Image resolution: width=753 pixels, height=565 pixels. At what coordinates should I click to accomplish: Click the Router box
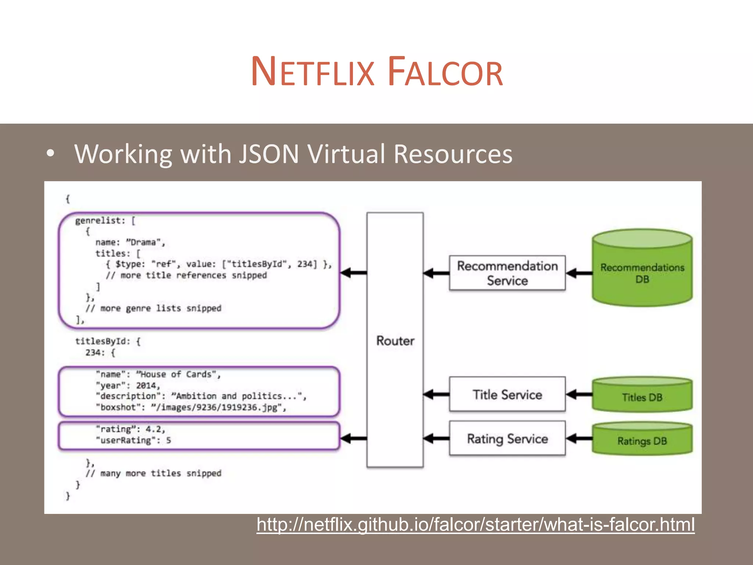point(395,340)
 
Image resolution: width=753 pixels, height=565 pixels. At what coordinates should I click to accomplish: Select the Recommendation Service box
point(507,273)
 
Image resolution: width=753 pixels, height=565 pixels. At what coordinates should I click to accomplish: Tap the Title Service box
point(507,394)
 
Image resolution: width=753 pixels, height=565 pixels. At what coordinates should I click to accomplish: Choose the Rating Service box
point(507,438)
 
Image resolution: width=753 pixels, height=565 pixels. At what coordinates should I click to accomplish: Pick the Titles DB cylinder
point(642,396)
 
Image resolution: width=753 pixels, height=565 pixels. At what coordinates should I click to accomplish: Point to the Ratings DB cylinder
point(642,440)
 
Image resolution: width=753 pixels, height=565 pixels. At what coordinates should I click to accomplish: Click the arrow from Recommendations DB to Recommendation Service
point(579,273)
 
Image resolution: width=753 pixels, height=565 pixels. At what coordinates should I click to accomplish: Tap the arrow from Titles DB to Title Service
point(579,395)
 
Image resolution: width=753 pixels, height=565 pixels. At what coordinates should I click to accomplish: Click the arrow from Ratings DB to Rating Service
point(579,438)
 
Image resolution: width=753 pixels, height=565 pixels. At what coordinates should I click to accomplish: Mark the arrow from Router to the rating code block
point(353,438)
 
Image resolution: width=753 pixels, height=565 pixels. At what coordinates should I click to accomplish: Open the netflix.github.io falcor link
point(475,525)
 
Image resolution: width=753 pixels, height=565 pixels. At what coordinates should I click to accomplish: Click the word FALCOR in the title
point(445,72)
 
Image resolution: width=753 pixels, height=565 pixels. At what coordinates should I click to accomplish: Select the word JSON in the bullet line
point(269,154)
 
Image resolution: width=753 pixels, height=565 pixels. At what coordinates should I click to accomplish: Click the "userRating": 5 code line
point(133,440)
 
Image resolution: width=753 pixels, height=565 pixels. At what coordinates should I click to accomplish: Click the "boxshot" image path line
point(191,407)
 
